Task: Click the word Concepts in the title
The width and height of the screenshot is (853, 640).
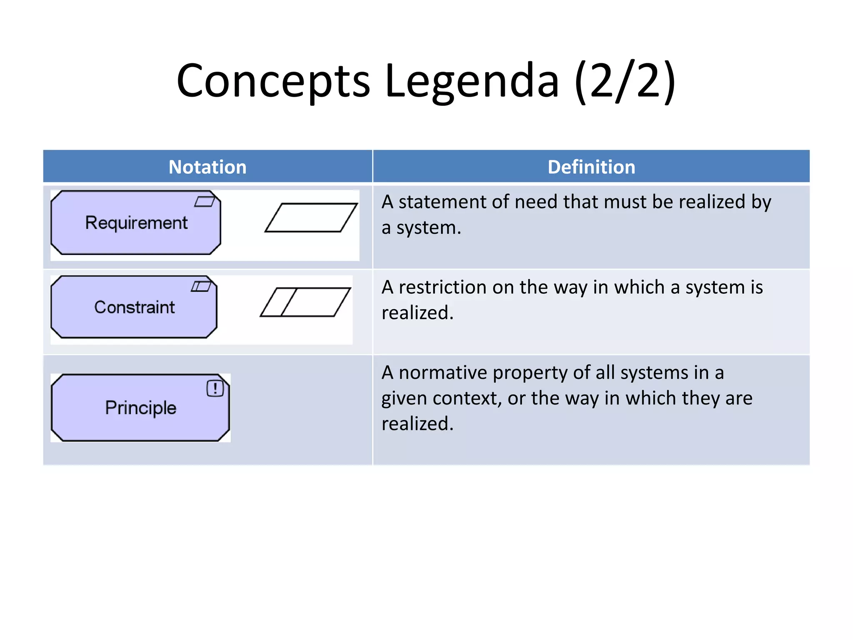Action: tap(273, 80)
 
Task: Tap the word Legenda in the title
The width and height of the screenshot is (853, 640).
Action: tap(471, 80)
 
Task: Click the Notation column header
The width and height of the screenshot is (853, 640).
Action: tap(207, 167)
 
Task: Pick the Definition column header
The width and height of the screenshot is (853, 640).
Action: tap(591, 167)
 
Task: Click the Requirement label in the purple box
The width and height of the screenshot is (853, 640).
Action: tap(136, 222)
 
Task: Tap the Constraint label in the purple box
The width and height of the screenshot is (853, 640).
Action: tap(134, 307)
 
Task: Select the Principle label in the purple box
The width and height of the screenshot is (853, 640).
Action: tap(140, 407)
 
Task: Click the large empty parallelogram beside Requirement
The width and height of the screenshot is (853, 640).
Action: tap(311, 217)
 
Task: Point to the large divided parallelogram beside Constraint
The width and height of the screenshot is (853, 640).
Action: tap(305, 302)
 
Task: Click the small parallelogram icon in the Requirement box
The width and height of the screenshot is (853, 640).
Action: tap(205, 202)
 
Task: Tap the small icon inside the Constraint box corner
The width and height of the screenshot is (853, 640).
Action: tap(201, 286)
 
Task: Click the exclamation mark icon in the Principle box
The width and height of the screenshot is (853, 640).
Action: tap(215, 388)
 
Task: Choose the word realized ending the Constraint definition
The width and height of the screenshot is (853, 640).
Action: tap(417, 313)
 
